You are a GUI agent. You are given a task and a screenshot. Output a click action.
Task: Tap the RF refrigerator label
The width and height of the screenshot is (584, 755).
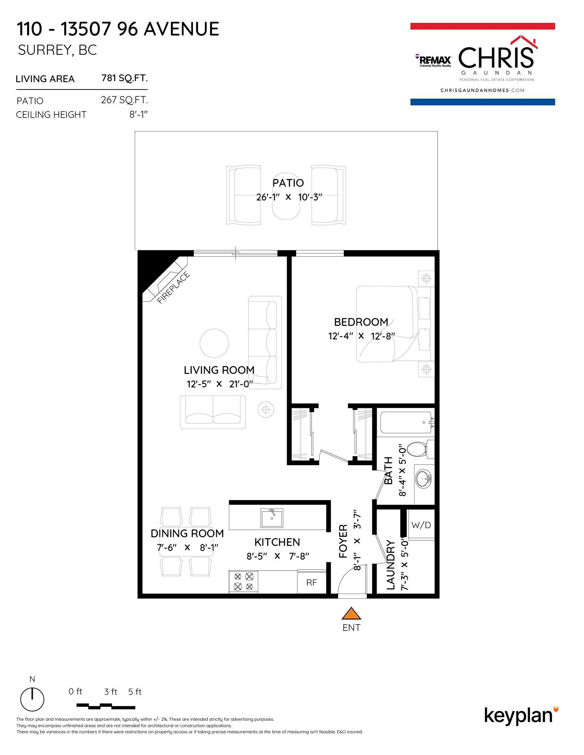312,583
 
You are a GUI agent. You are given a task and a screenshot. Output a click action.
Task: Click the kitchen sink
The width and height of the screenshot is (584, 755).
272,518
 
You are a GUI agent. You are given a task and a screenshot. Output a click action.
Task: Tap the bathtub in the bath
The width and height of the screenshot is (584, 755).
407,422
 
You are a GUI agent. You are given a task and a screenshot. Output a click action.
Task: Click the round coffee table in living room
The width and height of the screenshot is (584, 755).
214,343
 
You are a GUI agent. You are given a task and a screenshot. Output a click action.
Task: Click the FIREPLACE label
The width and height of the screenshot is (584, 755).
174,288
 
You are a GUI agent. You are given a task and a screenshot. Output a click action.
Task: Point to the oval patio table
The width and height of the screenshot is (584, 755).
286,196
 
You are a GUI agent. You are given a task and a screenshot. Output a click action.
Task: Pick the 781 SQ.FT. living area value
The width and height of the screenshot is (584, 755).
125,78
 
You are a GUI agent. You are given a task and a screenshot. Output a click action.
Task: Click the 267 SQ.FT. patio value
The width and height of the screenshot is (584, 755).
124,100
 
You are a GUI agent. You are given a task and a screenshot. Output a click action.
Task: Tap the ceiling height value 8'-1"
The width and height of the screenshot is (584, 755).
138,114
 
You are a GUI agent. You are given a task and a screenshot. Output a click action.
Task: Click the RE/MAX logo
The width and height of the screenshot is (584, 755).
433,61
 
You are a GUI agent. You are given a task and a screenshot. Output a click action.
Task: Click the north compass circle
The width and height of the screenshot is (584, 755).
32,700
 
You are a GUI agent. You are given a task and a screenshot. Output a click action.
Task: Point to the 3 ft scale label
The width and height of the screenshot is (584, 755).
111,692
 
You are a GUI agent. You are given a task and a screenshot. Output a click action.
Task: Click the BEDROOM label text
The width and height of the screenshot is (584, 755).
361,322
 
